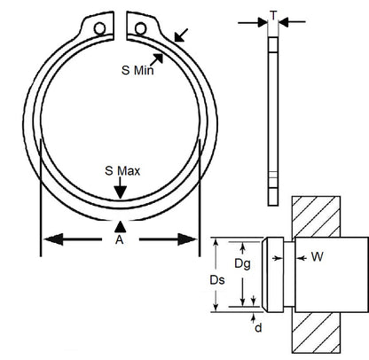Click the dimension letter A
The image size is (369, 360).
121,239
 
